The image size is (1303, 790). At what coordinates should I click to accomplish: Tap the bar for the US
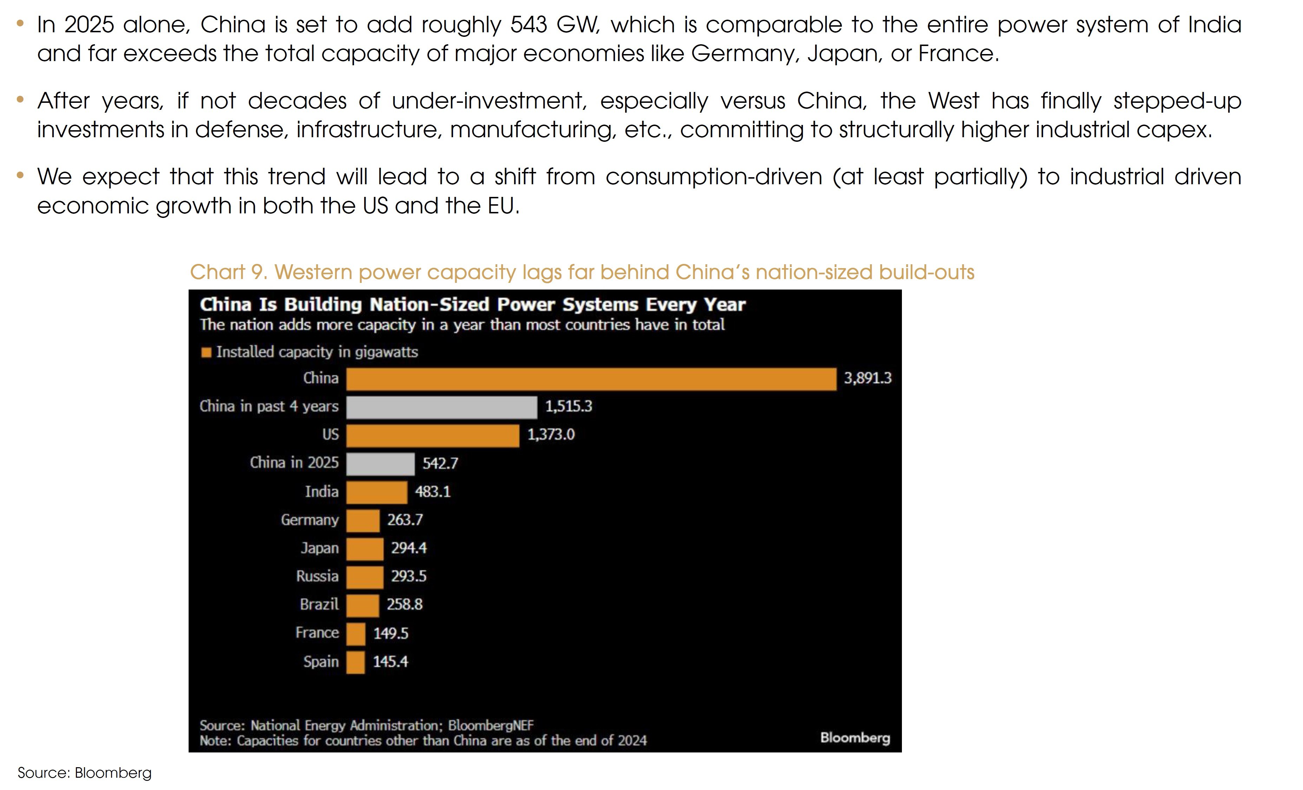pos(433,436)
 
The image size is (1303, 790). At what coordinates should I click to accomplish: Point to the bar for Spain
pos(355,662)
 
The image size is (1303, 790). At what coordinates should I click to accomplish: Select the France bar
pos(355,633)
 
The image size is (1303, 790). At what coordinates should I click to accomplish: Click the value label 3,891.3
pos(867,378)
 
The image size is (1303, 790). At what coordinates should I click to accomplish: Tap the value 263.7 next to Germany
pos(405,520)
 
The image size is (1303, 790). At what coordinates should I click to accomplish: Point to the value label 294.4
pos(408,548)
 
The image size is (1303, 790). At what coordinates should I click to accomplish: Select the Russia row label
pos(317,576)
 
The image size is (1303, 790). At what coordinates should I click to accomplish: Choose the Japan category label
pos(319,548)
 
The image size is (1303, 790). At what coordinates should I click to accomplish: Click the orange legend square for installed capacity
pos(206,352)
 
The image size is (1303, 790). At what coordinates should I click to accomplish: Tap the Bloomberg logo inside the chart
pos(855,738)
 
